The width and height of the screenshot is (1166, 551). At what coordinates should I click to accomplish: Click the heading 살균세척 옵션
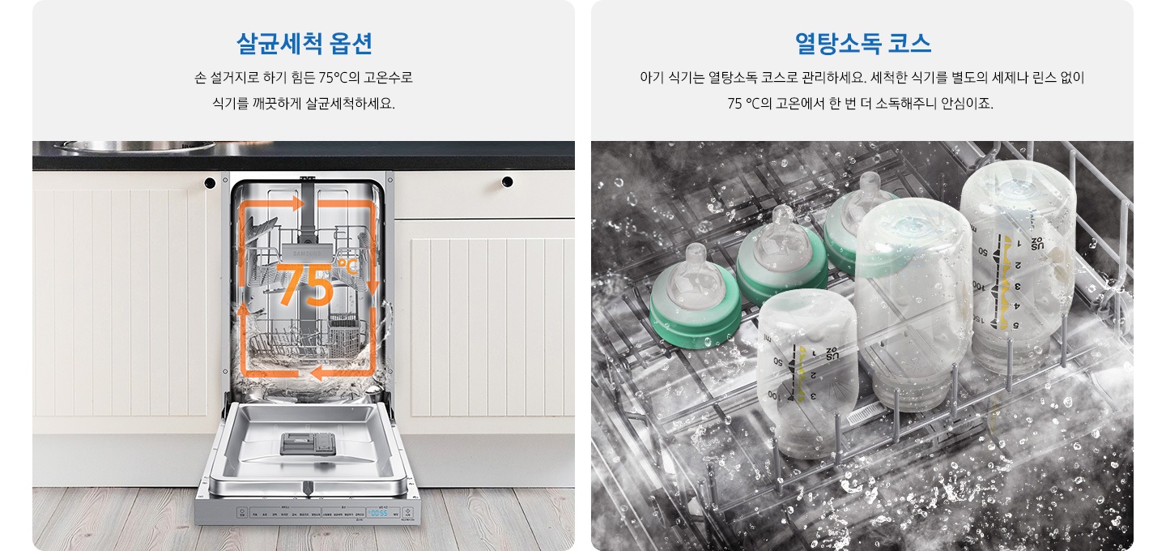pos(304,43)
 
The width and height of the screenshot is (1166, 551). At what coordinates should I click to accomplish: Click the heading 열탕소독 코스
pos(862,43)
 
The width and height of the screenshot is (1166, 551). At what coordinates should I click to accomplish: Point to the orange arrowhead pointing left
pos(317,373)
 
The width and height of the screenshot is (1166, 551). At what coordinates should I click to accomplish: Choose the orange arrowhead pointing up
pos(241,312)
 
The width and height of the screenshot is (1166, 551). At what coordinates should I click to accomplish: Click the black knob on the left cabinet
pos(210,182)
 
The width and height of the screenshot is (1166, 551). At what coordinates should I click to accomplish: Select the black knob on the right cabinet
pos(507,182)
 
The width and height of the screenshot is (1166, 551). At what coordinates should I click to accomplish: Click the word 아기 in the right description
pos(651,79)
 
